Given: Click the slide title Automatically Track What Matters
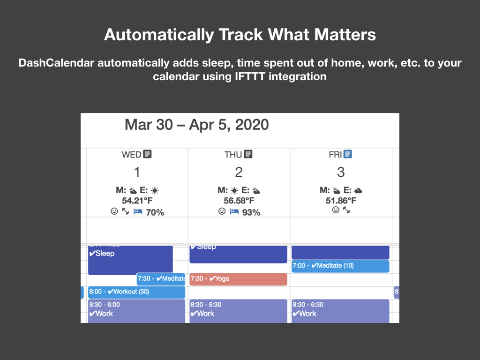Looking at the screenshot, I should point(240,35).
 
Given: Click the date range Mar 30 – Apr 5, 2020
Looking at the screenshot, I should point(196,125).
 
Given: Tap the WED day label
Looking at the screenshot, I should point(131,154).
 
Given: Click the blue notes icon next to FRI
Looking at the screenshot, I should point(347,154).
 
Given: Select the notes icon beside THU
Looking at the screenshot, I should point(248,154).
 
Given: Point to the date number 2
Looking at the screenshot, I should point(239,172).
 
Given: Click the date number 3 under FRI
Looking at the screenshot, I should point(341,172).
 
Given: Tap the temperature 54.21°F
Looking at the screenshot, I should point(137,201).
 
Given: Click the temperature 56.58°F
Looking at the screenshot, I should point(239,201).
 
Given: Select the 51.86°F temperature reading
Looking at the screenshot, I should point(341,201).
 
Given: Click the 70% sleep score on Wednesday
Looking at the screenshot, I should point(155,212).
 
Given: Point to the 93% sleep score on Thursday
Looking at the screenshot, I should point(251,212).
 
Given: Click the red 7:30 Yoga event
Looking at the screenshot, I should point(238,279).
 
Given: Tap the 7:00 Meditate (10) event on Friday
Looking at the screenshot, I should point(340,266).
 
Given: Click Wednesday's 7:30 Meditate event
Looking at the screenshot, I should point(161,279).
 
